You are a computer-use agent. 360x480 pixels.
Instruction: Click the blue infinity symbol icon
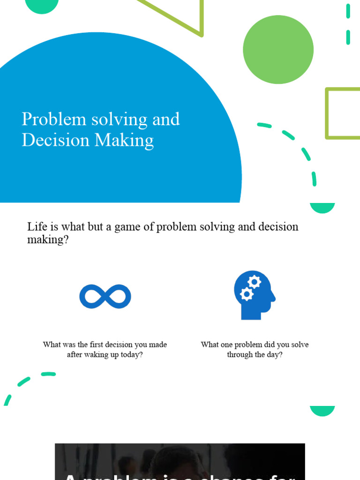(105, 297)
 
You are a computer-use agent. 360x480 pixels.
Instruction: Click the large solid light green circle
(278, 49)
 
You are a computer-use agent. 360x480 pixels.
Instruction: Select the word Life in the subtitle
(37, 227)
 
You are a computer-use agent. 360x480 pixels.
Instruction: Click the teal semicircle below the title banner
(322, 208)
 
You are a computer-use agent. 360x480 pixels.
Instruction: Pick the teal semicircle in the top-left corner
(42, 5)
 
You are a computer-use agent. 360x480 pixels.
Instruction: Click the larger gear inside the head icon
(254, 282)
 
